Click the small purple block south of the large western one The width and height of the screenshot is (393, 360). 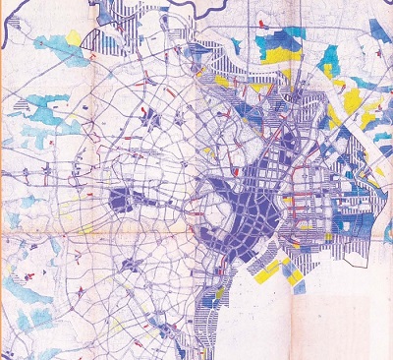[129, 264]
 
